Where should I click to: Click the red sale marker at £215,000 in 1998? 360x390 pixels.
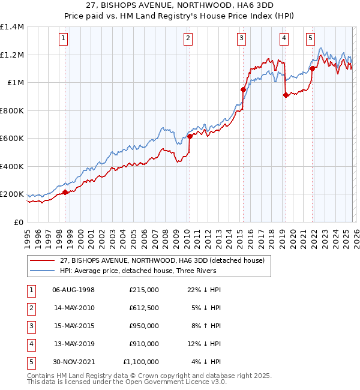click(65, 193)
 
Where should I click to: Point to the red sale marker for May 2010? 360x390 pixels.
click(190, 136)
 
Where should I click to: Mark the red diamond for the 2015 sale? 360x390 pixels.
click(243, 89)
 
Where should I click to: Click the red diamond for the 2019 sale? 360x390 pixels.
click(286, 95)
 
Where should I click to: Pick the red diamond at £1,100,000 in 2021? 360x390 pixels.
click(313, 68)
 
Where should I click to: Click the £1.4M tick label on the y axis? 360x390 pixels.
click(12, 27)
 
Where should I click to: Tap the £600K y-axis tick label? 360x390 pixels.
click(12, 139)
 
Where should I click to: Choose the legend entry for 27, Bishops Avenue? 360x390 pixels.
click(166, 260)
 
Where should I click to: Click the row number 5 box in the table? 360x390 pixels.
click(30, 362)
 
